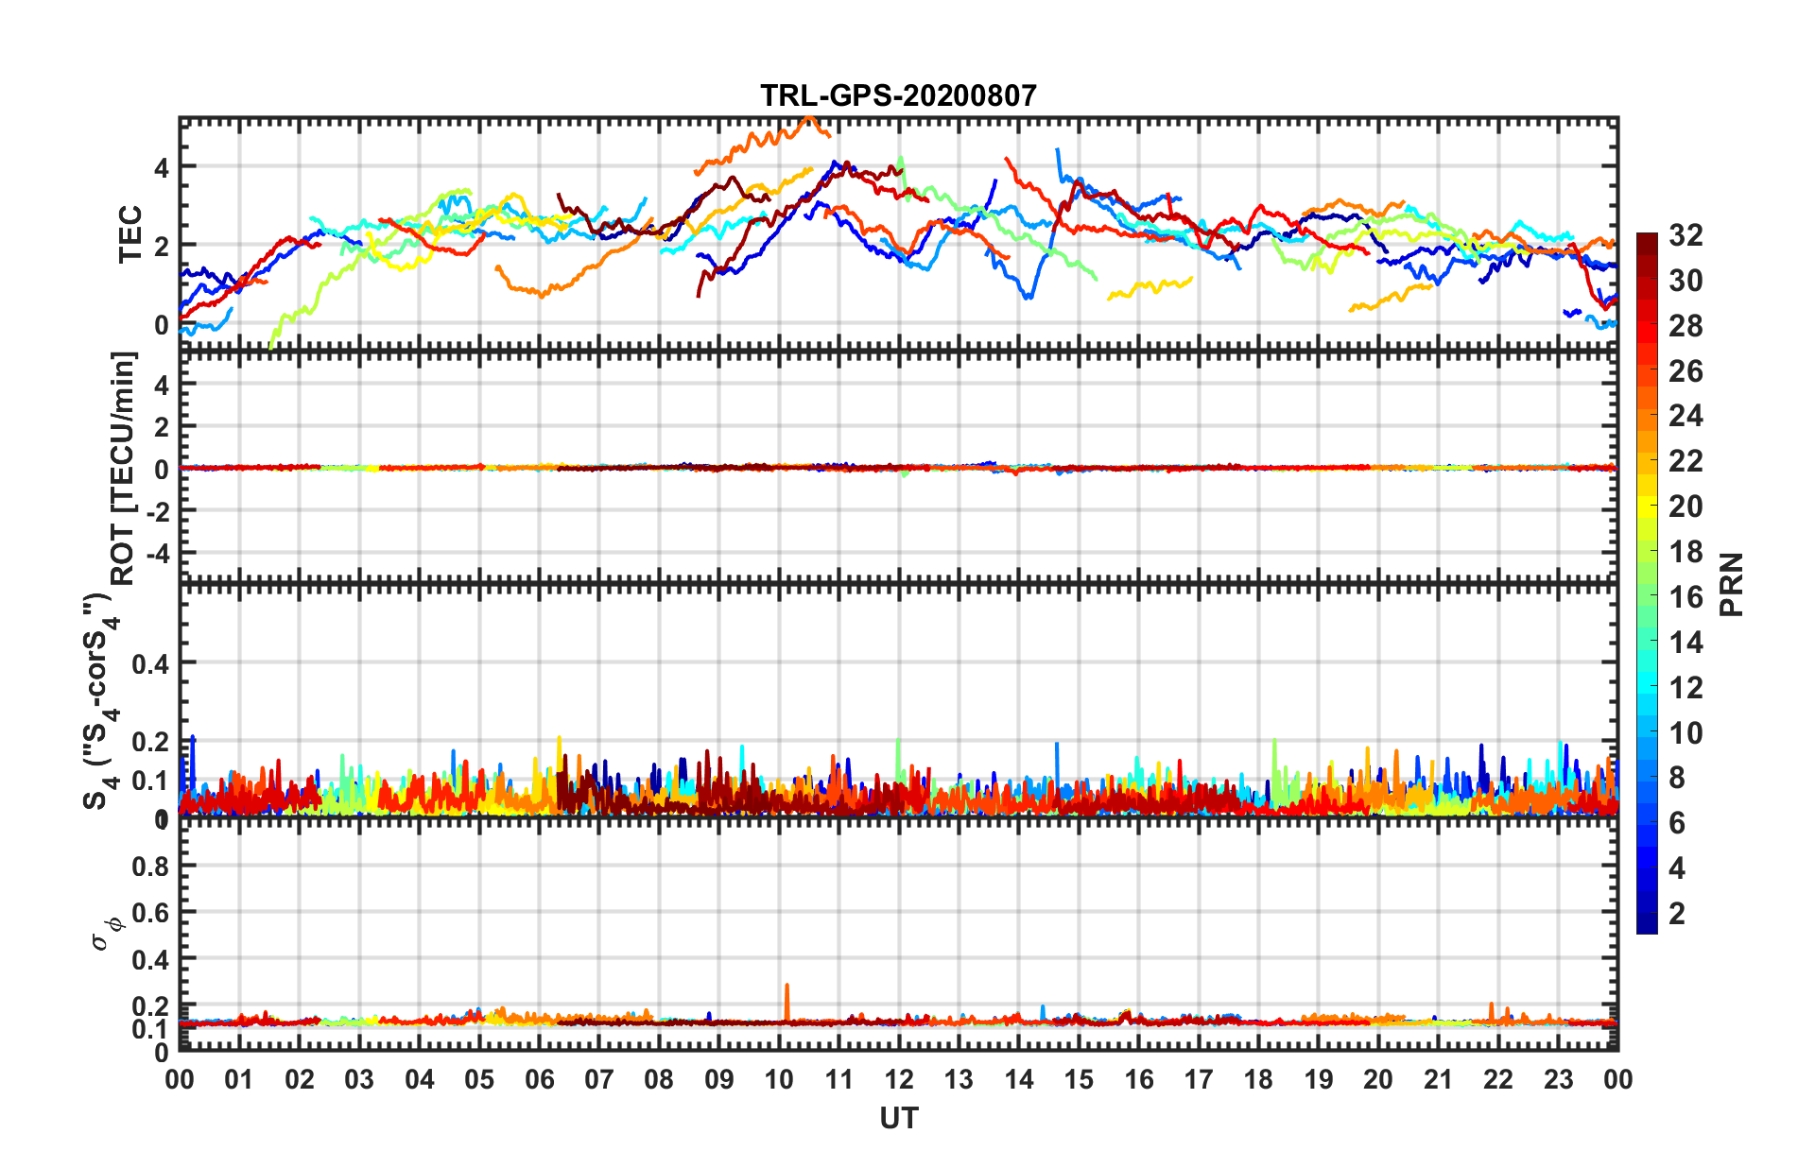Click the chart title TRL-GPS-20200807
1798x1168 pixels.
(898, 95)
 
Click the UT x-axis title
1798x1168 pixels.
(898, 1119)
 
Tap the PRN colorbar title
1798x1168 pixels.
(1731, 584)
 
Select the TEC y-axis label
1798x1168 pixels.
(130, 233)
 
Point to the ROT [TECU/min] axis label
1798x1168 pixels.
(124, 468)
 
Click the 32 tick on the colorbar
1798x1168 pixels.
(1686, 235)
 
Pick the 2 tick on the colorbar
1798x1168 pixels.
(1677, 913)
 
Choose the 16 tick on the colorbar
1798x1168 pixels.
(1686, 597)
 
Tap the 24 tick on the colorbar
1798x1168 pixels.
(1686, 416)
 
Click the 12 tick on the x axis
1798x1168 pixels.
(899, 1079)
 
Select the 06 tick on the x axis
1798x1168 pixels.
(539, 1079)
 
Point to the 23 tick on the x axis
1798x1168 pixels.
(1558, 1079)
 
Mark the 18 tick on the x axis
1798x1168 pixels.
(1258, 1079)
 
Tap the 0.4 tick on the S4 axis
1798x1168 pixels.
(149, 663)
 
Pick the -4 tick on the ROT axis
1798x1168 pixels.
(157, 552)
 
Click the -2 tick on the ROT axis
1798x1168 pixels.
(157, 510)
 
